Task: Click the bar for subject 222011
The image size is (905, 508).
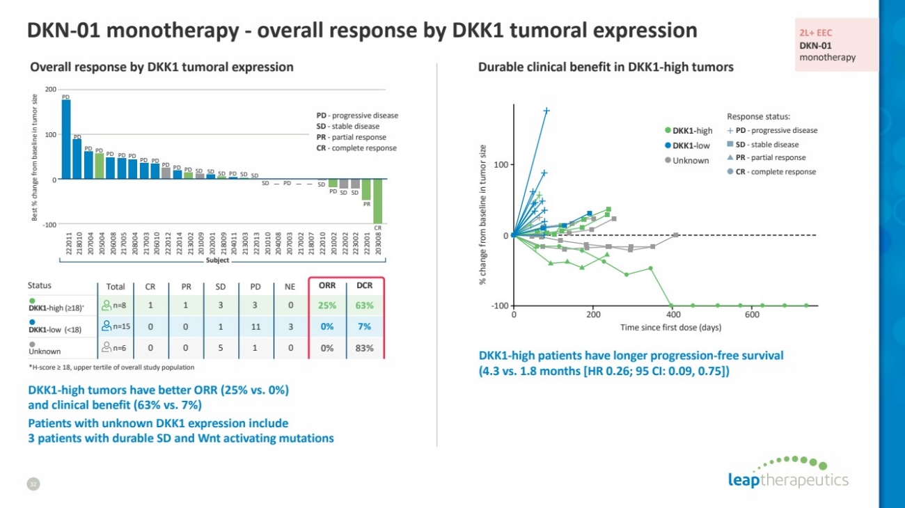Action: tap(66, 139)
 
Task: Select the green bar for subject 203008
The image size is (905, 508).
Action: tap(378, 201)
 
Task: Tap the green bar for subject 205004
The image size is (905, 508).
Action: tap(100, 166)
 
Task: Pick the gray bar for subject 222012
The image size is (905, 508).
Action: tap(166, 173)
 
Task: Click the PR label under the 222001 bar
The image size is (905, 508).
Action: tap(367, 204)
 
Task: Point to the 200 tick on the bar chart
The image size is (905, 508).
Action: tap(51, 90)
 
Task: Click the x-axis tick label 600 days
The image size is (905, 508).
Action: tap(752, 315)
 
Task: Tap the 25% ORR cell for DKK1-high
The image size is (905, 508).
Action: tap(327, 305)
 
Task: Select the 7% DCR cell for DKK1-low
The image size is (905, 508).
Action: tap(364, 326)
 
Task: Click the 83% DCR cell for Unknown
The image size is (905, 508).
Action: tap(364, 348)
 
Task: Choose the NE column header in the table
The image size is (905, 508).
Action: tap(290, 285)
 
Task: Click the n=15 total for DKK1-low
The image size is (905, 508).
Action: tap(116, 326)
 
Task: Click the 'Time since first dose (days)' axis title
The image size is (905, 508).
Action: tap(670, 327)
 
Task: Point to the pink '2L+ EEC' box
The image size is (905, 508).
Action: tap(835, 45)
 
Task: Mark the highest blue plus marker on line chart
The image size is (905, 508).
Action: tap(546, 111)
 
